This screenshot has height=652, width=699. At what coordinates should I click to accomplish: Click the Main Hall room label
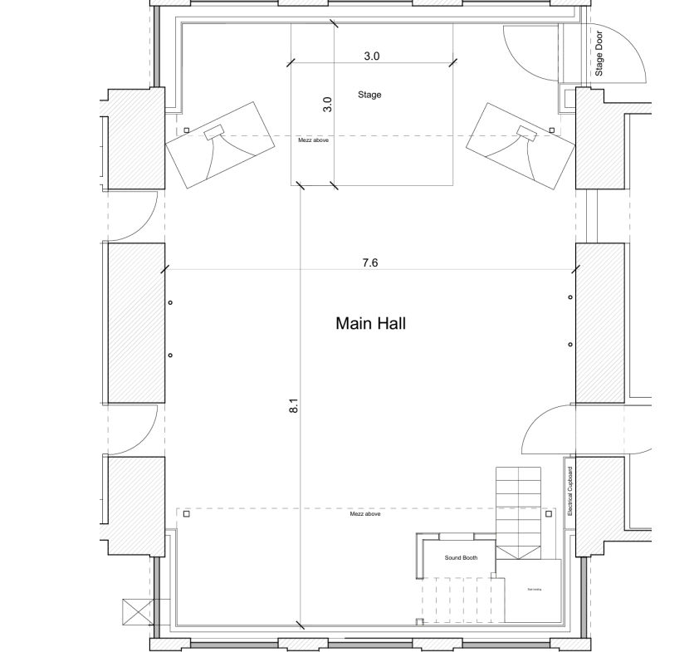pos(370,323)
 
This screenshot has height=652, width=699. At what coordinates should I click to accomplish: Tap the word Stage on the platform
pos(369,95)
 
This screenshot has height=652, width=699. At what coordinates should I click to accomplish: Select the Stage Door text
pos(599,53)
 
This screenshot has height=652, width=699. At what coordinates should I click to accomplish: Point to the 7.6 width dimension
pos(370,262)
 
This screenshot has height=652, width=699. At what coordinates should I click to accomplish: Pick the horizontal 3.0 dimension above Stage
pos(371,56)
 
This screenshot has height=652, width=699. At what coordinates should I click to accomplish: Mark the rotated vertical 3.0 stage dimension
pos(327,105)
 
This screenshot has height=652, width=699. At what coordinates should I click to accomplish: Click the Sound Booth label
pos(461,558)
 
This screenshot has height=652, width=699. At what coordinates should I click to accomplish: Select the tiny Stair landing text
pos(534,590)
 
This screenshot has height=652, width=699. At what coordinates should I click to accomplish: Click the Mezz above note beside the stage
pos(315,140)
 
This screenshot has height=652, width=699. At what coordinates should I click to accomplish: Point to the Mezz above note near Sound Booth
pos(365,514)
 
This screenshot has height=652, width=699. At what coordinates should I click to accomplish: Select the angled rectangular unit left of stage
pos(220,145)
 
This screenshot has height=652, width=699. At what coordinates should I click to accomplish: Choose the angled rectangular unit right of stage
pos(521,145)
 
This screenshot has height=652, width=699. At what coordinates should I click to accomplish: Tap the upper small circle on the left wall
pos(170,302)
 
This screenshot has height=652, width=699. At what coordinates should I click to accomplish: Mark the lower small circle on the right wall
pos(569,344)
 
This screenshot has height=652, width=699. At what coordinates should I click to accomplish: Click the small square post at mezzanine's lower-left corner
pos(186,514)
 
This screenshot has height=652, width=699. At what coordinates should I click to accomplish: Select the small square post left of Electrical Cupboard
pos(548,514)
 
